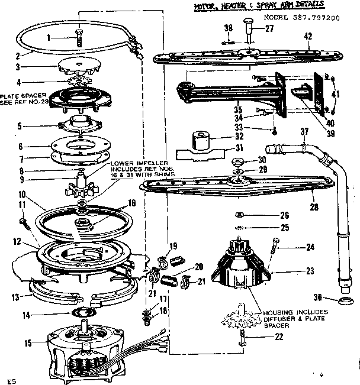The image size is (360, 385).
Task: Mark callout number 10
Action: tap(21, 195)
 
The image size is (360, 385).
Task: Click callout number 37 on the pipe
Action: tap(304, 131)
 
